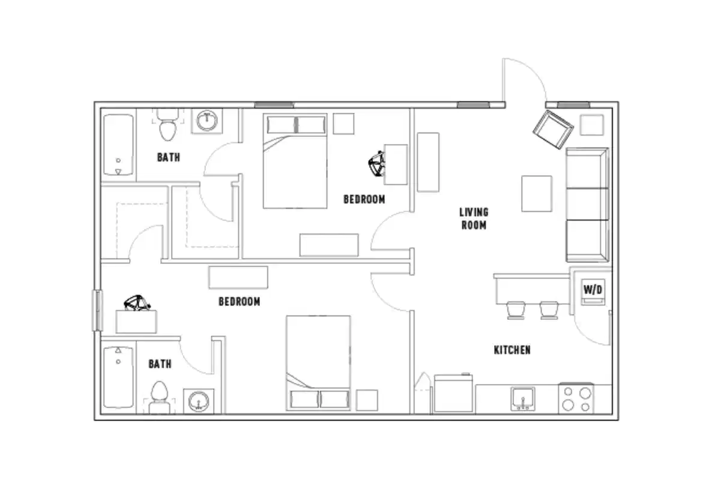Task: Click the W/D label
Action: tap(593, 290)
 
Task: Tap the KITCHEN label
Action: tap(511, 350)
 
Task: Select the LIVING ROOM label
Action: tap(474, 218)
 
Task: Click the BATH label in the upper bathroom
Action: tap(169, 158)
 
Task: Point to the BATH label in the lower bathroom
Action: tap(160, 364)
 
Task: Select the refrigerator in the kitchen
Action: tap(453, 394)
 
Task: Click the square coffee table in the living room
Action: tap(536, 193)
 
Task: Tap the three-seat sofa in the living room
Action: tap(587, 205)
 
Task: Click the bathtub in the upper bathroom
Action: tap(118, 145)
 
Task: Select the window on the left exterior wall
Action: tap(95, 310)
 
